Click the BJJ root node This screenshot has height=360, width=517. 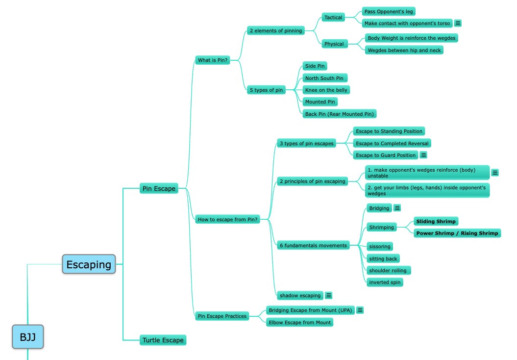[28, 337]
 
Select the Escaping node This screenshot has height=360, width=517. [89, 264]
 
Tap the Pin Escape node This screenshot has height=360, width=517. [158, 188]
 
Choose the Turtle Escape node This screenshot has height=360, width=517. [163, 340]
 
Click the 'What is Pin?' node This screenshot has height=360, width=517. [212, 60]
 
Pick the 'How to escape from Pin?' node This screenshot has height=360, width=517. [227, 219]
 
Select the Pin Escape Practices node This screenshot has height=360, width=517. [222, 316]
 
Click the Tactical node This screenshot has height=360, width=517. [333, 18]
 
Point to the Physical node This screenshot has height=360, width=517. [334, 44]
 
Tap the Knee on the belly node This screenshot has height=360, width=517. [326, 90]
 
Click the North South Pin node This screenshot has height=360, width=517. [324, 78]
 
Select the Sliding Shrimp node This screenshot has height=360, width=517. [436, 221]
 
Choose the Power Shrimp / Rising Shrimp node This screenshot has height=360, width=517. [457, 233]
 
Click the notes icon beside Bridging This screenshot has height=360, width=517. [397, 208]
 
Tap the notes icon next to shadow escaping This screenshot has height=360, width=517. [328, 295]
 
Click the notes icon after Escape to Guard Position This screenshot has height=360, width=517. [423, 155]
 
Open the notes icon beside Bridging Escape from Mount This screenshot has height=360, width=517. [360, 310]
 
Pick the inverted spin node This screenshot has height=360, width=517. [385, 282]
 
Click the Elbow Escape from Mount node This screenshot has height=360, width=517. [300, 322]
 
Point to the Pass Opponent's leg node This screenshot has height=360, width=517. [389, 11]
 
